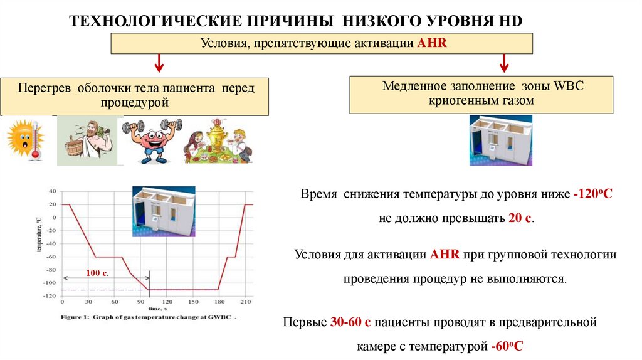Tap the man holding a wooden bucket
pyautogui.click(x=86, y=141)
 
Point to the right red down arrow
pyautogui.click(x=503, y=63)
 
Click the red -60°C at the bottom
pyautogui.click(x=505, y=346)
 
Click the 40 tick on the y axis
pyautogui.click(x=52, y=191)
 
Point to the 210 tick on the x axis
pyautogui.click(x=246, y=303)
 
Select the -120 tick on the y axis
pyautogui.click(x=49, y=295)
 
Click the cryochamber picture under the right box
pyautogui.click(x=500, y=140)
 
